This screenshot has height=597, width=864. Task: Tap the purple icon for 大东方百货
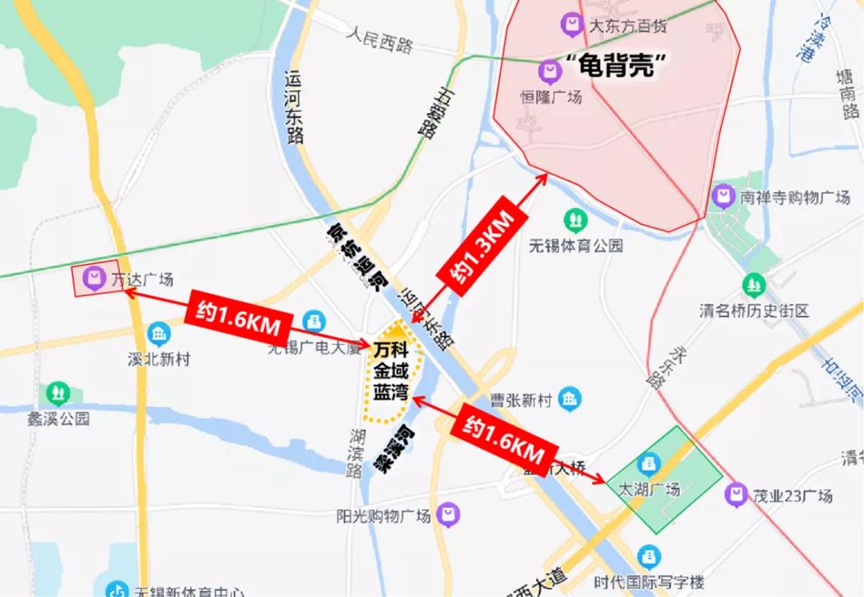click(x=572, y=25)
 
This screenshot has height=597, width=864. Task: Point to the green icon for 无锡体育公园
click(x=575, y=219)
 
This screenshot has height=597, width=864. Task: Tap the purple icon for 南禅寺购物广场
click(x=724, y=196)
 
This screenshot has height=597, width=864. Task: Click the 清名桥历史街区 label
click(x=754, y=310)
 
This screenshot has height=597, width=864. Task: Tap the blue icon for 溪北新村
click(x=159, y=334)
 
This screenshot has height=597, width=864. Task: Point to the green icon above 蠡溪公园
click(x=57, y=393)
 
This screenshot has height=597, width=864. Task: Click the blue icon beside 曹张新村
click(x=570, y=399)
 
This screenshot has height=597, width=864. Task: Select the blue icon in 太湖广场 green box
click(x=649, y=463)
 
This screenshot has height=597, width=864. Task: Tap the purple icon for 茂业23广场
click(x=735, y=495)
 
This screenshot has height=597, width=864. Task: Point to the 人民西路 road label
click(x=380, y=38)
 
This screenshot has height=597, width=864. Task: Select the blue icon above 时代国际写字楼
click(x=649, y=555)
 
